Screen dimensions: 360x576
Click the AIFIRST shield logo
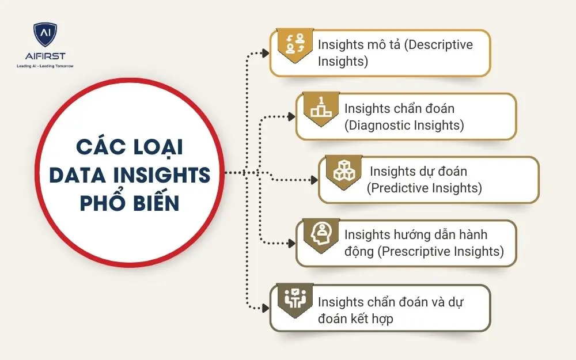(44, 36)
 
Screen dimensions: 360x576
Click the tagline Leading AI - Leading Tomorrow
(45, 66)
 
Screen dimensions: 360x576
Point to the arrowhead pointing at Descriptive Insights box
(265, 53)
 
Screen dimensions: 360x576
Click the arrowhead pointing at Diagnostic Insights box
(291, 116)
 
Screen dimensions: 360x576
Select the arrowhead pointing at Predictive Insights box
(314, 180)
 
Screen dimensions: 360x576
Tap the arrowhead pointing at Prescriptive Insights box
(291, 243)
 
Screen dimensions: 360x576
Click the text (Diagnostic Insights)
(404, 125)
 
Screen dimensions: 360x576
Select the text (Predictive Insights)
(424, 188)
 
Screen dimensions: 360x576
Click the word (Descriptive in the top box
(438, 45)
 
